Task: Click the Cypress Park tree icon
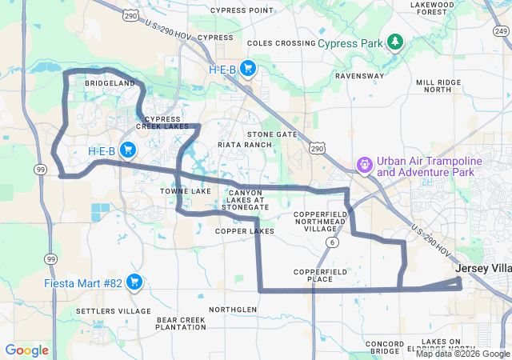(x=394, y=42)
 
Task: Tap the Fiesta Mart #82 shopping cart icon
(x=134, y=282)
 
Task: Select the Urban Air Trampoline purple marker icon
(x=364, y=166)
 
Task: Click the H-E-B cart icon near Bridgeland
(x=127, y=150)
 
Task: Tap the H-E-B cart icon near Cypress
(x=248, y=69)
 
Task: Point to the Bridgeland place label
(x=110, y=83)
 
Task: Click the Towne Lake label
(x=185, y=192)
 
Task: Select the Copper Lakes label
(x=244, y=231)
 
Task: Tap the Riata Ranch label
(x=245, y=145)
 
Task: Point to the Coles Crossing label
(x=282, y=43)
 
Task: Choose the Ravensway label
(x=360, y=76)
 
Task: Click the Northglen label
(x=233, y=309)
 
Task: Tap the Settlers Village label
(x=113, y=310)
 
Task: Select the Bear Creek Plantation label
(x=181, y=323)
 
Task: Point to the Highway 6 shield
(x=331, y=241)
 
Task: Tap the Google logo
(x=27, y=350)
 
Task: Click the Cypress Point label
(x=242, y=10)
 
